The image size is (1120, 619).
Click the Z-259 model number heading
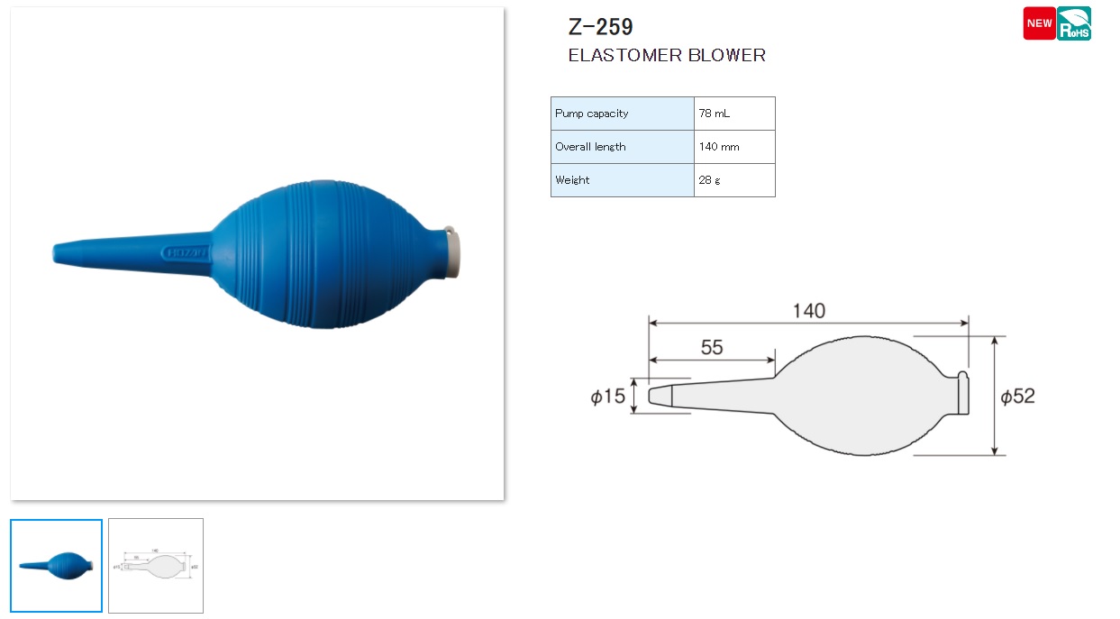600,27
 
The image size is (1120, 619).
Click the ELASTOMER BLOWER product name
667,55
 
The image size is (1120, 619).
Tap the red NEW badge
1039,23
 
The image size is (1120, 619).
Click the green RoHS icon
1074,23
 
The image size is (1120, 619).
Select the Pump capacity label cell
622,114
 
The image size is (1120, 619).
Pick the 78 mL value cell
733,114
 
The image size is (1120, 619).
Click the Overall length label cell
622,147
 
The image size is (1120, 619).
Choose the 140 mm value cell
733,147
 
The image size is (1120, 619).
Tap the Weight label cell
622,180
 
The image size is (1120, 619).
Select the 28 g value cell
733,180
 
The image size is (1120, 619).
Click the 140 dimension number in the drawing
808,311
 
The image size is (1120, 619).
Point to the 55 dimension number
712,348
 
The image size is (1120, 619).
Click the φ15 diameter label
608,396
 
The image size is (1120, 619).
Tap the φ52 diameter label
1018,396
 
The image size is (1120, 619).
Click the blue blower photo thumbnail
56,566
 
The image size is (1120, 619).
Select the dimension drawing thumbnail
156,566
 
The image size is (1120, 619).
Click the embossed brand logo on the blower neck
186,253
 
